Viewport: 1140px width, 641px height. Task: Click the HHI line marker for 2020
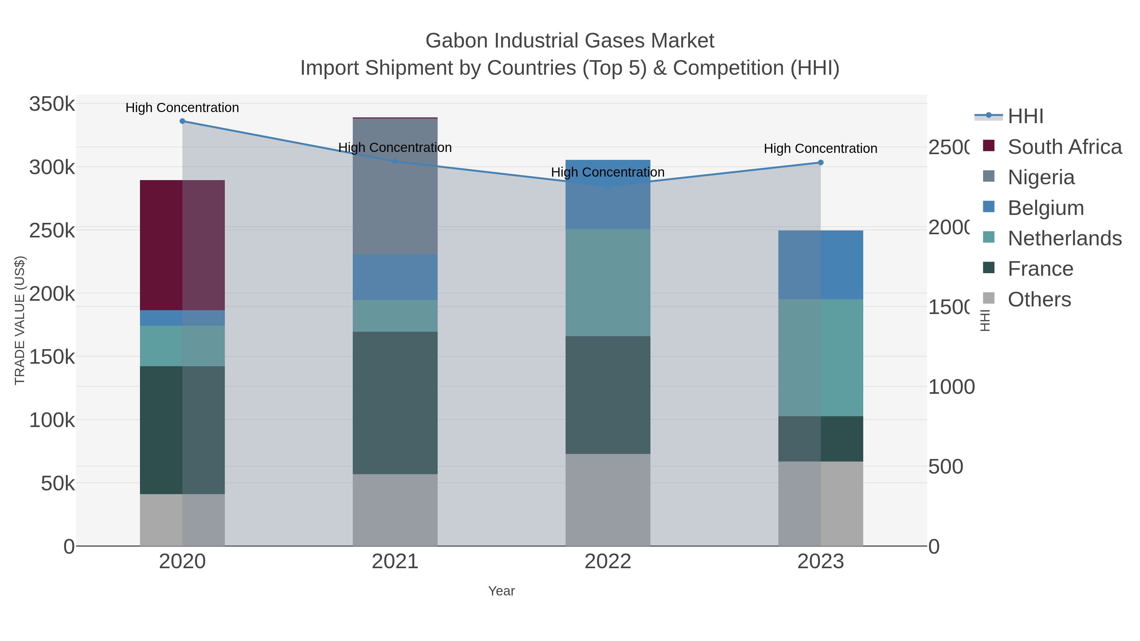tap(182, 121)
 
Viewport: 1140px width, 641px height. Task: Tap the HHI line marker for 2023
tap(820, 162)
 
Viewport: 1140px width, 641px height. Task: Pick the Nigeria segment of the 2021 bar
tap(395, 186)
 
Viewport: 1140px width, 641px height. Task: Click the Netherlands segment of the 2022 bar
tap(608, 283)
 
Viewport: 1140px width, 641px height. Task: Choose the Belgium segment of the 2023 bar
tap(820, 265)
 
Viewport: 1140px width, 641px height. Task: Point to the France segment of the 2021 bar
tap(395, 403)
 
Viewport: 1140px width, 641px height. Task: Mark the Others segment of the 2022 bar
tap(608, 500)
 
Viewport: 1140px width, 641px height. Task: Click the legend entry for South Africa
tap(1064, 147)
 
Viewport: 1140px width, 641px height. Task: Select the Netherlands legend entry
tap(1064, 238)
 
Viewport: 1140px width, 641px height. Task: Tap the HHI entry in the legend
tap(1025, 116)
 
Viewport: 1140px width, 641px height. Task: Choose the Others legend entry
tap(1039, 299)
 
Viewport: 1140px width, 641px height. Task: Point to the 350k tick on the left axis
tap(52, 104)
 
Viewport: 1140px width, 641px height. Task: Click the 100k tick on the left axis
tap(52, 420)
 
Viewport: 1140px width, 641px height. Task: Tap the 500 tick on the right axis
tap(946, 467)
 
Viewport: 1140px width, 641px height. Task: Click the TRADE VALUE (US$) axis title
tap(20, 320)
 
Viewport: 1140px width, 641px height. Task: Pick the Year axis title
tap(501, 591)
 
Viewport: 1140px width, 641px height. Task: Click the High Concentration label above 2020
tap(182, 108)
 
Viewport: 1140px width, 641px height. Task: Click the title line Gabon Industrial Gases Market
tap(570, 41)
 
